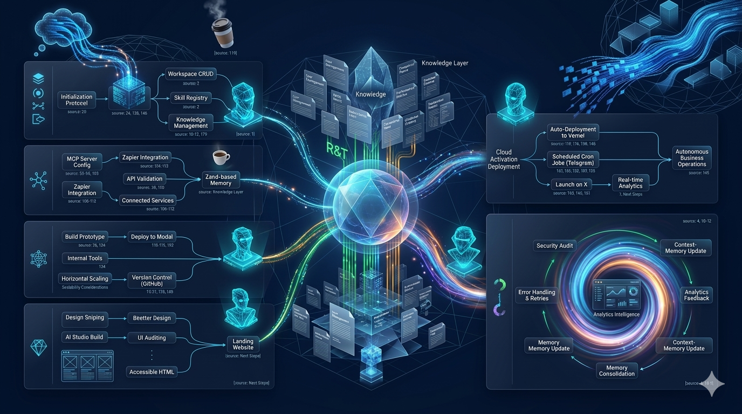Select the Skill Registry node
(190, 98)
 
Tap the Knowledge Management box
(190, 122)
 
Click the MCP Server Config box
(82, 161)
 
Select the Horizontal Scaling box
(85, 278)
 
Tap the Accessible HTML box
(151, 371)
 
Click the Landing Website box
(243, 344)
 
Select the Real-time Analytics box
(630, 182)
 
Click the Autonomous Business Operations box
(692, 158)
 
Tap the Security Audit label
(554, 245)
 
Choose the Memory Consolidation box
(616, 370)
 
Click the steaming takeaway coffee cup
(222, 33)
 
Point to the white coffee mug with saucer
(220, 157)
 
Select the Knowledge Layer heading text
(444, 63)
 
